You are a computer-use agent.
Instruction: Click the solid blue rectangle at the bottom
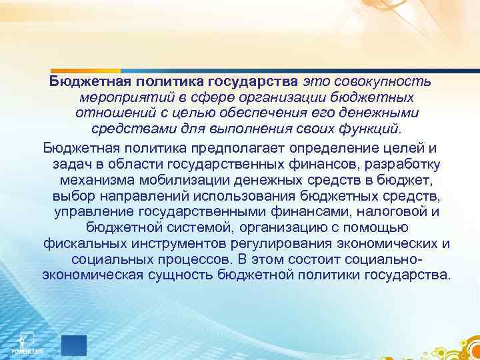73,345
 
